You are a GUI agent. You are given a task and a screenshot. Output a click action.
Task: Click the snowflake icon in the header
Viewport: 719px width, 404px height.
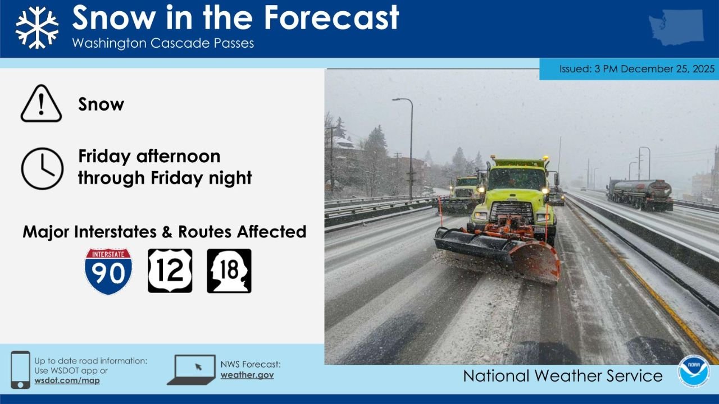(x=37, y=27)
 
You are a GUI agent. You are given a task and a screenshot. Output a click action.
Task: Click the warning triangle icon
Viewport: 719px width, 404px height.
(x=41, y=104)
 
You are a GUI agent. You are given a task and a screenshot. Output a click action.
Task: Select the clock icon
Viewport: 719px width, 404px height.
(x=42, y=168)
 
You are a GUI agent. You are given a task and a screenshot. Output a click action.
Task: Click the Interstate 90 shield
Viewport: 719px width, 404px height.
(x=108, y=271)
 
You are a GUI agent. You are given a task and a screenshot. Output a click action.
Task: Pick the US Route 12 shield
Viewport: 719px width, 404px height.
(x=170, y=271)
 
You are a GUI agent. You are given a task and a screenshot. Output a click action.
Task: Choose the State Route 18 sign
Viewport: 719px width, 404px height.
(x=229, y=271)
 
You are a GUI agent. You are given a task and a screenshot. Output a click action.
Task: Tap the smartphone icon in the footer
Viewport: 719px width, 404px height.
(x=21, y=370)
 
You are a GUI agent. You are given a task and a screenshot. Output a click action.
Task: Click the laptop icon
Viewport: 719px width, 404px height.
(x=192, y=370)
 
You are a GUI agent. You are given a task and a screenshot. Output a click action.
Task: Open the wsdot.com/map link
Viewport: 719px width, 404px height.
(x=67, y=380)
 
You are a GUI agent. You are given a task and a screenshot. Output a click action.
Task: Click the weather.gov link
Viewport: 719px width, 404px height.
(x=247, y=375)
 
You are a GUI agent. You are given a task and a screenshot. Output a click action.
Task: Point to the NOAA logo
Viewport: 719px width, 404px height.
(x=693, y=371)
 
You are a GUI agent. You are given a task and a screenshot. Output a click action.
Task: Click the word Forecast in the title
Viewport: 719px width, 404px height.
(x=331, y=17)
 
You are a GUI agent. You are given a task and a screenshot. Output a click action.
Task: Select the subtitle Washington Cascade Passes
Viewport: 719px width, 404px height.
(x=163, y=43)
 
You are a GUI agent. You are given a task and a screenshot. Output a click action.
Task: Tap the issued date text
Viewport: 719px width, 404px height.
(x=637, y=69)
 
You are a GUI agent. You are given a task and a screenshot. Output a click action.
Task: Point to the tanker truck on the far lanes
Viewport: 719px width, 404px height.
(x=640, y=194)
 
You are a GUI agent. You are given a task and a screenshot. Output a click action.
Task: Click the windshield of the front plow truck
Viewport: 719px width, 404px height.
(x=517, y=179)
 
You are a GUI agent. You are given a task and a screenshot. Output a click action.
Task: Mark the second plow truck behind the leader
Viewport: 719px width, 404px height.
(x=464, y=194)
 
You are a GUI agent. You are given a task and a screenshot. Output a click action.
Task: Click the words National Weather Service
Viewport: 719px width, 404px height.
(x=562, y=375)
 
